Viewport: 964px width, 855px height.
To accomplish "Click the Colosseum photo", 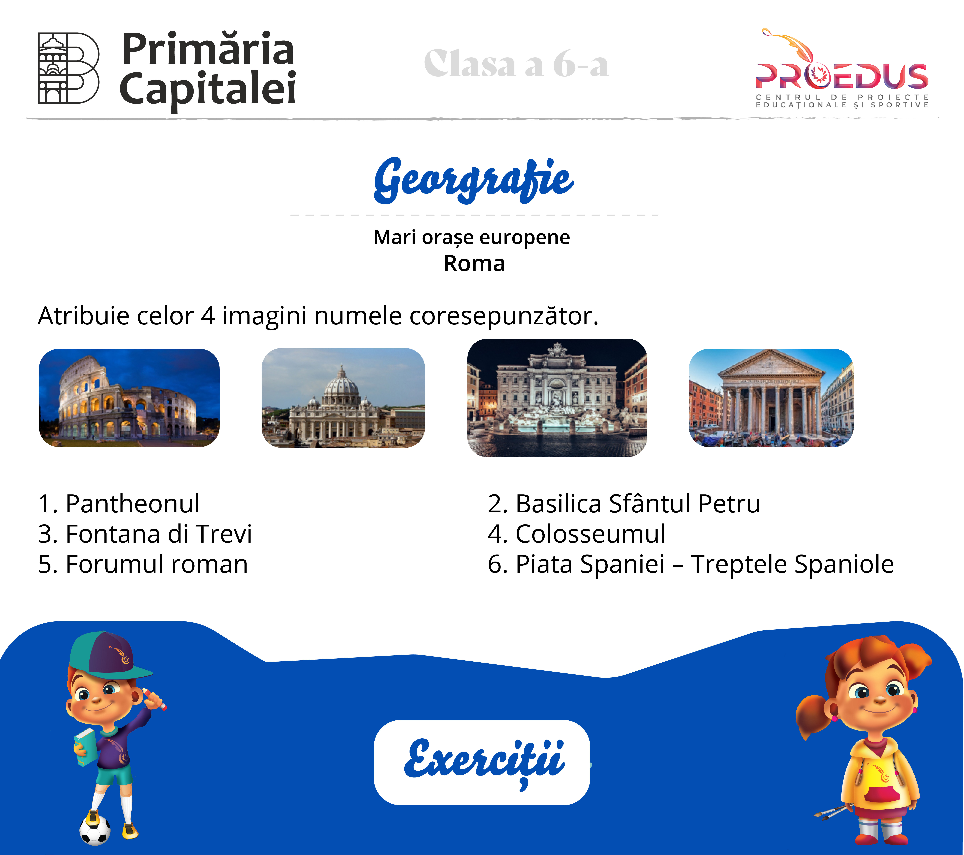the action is click(x=129, y=397).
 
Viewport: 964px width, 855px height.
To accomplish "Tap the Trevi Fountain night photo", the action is click(x=557, y=397).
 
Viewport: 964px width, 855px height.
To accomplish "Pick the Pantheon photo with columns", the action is click(x=771, y=397).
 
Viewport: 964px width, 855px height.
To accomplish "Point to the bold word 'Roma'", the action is click(x=474, y=263).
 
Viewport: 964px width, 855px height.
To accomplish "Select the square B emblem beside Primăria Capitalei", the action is click(x=68, y=68).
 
